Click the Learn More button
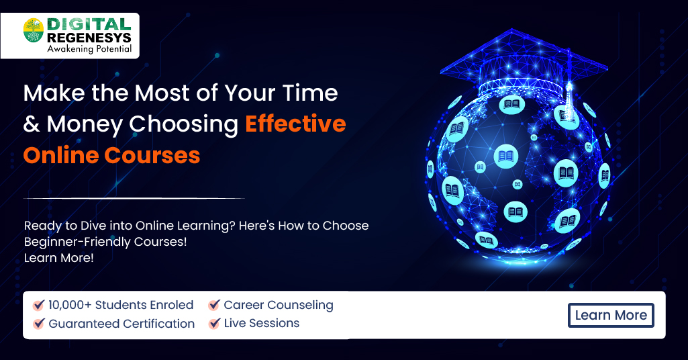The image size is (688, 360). click(x=611, y=315)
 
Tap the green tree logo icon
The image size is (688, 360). click(x=34, y=31)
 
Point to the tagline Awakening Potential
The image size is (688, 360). click(x=89, y=49)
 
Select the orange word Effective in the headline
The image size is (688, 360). click(x=295, y=124)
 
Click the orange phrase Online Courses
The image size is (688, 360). click(x=111, y=155)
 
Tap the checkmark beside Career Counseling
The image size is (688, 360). click(x=214, y=305)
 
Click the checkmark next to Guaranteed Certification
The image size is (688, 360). click(x=39, y=324)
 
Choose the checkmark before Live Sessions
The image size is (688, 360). click(x=214, y=324)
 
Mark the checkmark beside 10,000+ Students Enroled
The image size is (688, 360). click(x=39, y=305)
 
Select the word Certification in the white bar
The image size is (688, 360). click(x=158, y=324)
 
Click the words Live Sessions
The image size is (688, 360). click(x=262, y=324)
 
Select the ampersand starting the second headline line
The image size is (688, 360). click(x=31, y=124)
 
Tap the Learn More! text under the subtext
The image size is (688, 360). click(x=59, y=258)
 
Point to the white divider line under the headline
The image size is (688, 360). click(x=134, y=198)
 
